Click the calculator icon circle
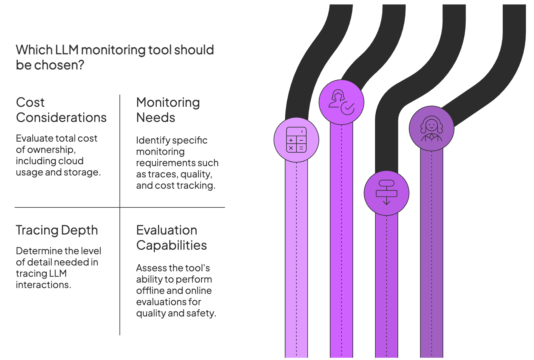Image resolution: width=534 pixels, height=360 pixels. click(x=296, y=140)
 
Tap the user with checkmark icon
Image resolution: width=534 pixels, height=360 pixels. click(x=341, y=102)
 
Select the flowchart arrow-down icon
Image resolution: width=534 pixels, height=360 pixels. click(x=386, y=193)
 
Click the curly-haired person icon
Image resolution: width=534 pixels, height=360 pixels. click(x=431, y=128)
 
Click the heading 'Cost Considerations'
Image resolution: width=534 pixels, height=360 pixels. click(x=61, y=110)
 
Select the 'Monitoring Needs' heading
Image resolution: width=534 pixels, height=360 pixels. click(x=168, y=110)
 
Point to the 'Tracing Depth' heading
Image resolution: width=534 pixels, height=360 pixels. click(x=57, y=230)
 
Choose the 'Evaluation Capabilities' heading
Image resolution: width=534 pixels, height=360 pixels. click(x=171, y=238)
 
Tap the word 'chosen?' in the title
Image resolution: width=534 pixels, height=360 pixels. click(x=59, y=65)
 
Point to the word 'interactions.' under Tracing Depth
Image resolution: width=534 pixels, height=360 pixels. click(x=44, y=285)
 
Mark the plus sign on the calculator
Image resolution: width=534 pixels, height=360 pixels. click(x=291, y=140)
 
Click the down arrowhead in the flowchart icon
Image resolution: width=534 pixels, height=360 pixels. click(x=386, y=203)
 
